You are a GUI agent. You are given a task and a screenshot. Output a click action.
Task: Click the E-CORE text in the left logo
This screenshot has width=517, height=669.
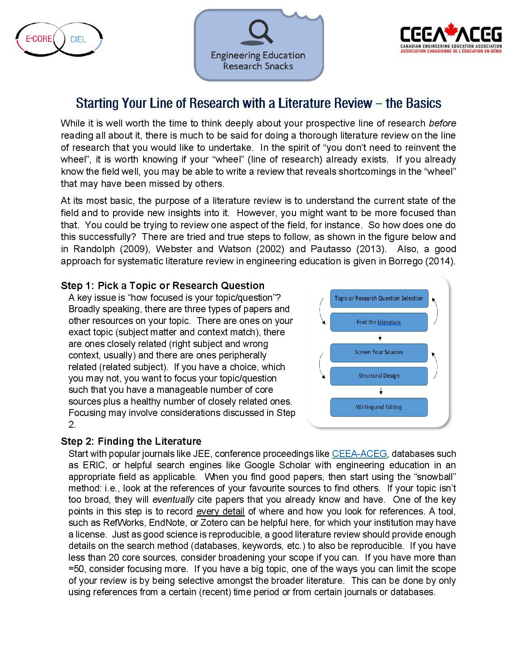click(39, 39)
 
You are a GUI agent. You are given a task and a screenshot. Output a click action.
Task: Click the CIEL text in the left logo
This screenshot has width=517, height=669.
click(78, 39)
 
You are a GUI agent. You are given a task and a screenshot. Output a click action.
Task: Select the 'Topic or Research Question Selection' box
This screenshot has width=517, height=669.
click(379, 298)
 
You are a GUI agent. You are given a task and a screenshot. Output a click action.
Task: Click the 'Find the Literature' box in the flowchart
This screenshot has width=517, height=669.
click(379, 322)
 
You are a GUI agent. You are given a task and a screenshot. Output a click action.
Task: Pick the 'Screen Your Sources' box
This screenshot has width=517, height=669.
click(379, 352)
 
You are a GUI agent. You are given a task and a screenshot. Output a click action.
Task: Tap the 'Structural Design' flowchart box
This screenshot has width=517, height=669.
click(379, 376)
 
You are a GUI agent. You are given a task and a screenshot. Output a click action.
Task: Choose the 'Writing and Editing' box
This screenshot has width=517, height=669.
click(379, 407)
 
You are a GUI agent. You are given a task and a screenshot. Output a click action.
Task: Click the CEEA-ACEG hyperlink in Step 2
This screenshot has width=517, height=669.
click(359, 454)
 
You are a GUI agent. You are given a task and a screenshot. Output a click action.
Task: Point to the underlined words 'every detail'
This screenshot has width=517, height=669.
click(220, 511)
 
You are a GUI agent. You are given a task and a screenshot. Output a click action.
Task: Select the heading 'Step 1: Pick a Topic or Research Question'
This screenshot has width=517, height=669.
click(163, 285)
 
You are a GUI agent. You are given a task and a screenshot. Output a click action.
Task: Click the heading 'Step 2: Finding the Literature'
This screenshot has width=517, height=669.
click(131, 441)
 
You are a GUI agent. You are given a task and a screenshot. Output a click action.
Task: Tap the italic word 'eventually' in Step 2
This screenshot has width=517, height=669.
click(173, 500)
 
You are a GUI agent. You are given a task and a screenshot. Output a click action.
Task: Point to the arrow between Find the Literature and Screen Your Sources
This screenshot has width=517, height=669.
click(380, 337)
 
